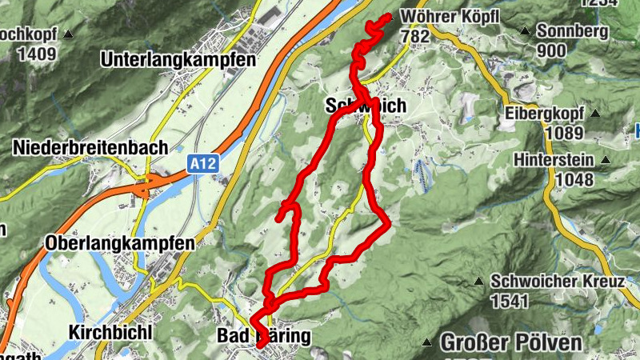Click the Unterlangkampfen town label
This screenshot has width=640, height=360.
178,60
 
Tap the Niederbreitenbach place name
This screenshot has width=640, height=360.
90,147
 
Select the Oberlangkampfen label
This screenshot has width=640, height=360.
121,242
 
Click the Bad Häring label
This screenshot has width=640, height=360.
263,337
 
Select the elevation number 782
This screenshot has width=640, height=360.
417,36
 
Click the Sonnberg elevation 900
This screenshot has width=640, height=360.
551,51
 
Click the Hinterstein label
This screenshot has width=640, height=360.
554,161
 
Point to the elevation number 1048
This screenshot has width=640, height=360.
566,179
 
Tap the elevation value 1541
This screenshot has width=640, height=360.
512,301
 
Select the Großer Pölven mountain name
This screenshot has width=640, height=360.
511,343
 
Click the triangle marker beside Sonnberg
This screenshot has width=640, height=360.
525,32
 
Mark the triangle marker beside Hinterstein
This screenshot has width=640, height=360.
606,161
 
